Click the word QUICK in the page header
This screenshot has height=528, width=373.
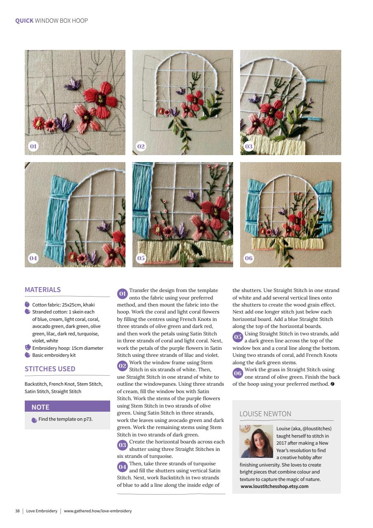click(x=24, y=21)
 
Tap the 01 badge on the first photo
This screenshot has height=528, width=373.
click(x=33, y=146)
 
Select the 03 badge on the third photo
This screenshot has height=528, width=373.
click(x=249, y=146)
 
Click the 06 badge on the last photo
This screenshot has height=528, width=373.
click(x=249, y=258)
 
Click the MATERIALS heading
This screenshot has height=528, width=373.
click(x=42, y=290)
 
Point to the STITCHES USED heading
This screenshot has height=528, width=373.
click(x=50, y=369)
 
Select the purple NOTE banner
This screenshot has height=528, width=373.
click(x=67, y=407)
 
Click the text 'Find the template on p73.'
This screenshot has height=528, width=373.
click(x=65, y=419)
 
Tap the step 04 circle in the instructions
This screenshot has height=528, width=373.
click(x=123, y=467)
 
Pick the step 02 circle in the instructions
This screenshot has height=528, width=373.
click(x=123, y=366)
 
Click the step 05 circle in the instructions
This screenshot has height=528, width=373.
click(x=238, y=337)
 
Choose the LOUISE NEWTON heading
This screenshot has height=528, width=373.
click(x=265, y=414)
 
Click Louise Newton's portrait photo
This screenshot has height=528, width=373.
click(x=256, y=441)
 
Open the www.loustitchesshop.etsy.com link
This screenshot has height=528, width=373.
click(x=274, y=486)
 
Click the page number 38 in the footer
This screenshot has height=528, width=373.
click(x=17, y=511)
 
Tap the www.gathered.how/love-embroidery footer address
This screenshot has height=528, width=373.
click(x=98, y=511)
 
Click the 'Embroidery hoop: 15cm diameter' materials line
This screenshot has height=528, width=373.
click(x=68, y=348)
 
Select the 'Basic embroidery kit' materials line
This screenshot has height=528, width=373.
click(x=54, y=355)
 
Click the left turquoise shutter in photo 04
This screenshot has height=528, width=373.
click(x=58, y=214)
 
